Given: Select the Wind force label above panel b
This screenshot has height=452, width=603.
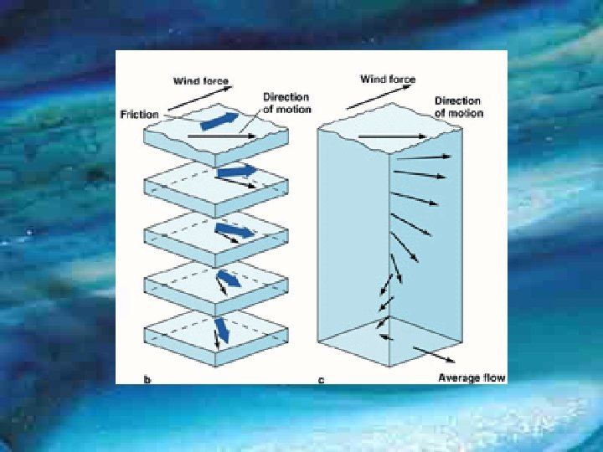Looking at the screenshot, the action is coord(201,81).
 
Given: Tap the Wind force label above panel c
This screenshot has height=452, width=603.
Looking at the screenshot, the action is coord(388,80).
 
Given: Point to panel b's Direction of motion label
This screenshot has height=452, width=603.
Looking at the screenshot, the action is coord(286,103).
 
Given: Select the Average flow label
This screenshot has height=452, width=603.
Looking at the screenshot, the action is coord(472,378).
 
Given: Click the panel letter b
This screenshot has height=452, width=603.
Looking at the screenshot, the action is coord(147,380).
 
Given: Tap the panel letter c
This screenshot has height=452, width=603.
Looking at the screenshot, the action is coord(321,380).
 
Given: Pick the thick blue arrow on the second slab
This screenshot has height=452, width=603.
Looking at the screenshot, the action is coord(237,172).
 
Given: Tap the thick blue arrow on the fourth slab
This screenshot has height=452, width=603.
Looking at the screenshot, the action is coord(228,278).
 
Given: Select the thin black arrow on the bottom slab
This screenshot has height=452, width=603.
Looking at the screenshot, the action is coord(217,338).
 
